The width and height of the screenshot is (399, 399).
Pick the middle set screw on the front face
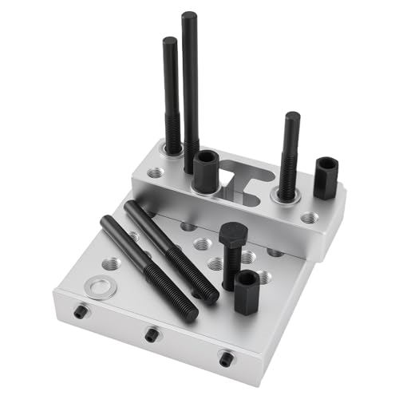151,335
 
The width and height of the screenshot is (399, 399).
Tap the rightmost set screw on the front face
226,358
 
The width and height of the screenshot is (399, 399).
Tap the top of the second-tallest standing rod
170,42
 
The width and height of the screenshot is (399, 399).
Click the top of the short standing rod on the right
292,118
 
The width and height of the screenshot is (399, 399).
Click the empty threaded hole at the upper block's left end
153,174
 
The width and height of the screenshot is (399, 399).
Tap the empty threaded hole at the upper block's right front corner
308,216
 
